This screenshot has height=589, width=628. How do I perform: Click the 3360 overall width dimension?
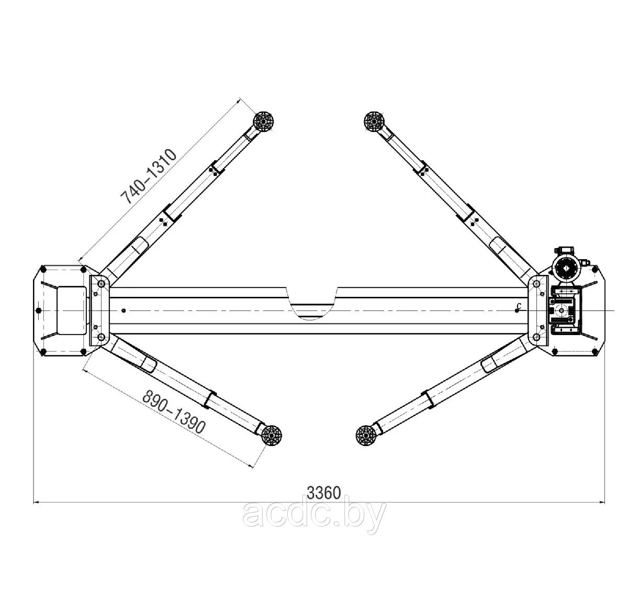[324, 493]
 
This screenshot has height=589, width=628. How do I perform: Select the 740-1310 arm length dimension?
[150, 176]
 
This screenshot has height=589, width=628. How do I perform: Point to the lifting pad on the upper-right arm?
[374, 123]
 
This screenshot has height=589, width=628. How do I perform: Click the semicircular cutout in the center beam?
[312, 304]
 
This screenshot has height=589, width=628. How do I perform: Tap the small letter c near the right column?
[518, 305]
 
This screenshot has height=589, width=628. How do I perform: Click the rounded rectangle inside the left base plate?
[70, 310]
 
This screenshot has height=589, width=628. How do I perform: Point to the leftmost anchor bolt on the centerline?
[38, 310]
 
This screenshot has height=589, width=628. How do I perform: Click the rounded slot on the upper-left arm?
[137, 247]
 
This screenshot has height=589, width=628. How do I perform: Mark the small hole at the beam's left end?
[123, 310]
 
